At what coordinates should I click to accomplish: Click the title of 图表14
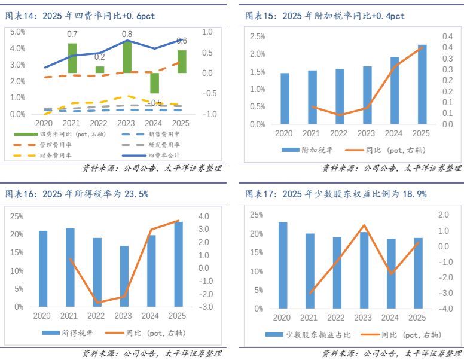pyautogui.click(x=80, y=16)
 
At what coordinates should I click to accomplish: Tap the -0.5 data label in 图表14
pyautogui.click(x=155, y=103)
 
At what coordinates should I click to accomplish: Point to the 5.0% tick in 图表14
pyautogui.click(x=18, y=31)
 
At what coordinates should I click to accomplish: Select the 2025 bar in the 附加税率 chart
pyautogui.click(x=422, y=84)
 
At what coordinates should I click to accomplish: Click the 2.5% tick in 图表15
pyautogui.click(x=258, y=36)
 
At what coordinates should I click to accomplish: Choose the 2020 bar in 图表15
pyautogui.click(x=285, y=99)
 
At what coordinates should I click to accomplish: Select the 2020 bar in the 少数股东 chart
pyautogui.click(x=283, y=265)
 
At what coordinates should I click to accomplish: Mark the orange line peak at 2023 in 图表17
pyautogui.click(x=364, y=225)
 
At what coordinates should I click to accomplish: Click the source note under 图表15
pyautogui.click(x=392, y=169)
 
